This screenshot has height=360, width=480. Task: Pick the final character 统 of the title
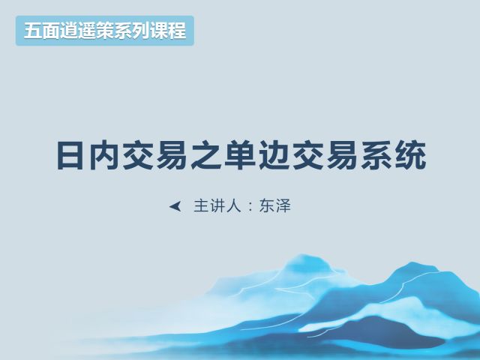410,155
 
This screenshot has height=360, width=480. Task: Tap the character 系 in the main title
376,155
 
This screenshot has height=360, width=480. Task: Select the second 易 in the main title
342,155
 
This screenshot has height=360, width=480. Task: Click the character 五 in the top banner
33,31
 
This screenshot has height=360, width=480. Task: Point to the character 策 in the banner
105,31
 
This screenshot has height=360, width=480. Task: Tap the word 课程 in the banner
168,31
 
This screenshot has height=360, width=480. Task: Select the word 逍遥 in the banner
78,31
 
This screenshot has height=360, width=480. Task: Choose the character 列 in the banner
141,31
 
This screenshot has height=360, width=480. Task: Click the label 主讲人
217,205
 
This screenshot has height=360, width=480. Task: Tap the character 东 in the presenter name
267,205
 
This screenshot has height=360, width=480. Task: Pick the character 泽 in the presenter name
283,205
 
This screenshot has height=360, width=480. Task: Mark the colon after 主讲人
250,207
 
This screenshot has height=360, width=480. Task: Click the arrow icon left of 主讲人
175,207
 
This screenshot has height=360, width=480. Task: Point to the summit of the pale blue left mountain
301,254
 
